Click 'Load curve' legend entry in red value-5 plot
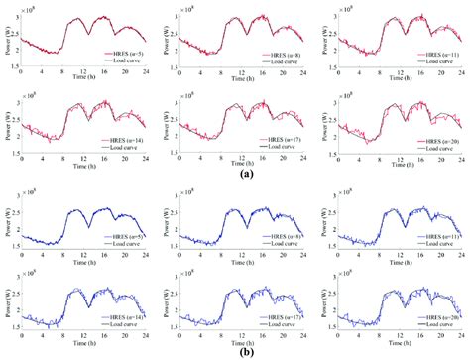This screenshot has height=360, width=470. coord(113,63)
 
